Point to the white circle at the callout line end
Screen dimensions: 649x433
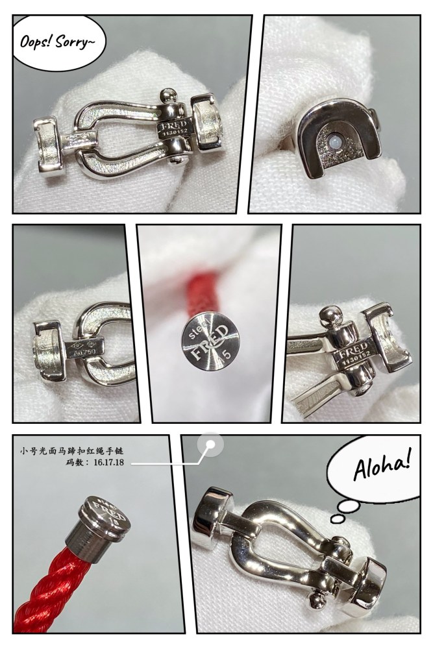(210, 445)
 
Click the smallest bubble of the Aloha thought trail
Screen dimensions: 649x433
(336, 519)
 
